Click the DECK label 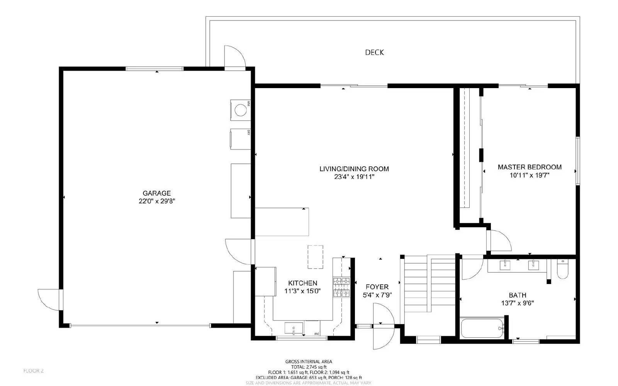[x=374, y=52]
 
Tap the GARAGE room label [x=156, y=193]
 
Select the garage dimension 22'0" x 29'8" [x=156, y=201]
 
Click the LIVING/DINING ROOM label [x=354, y=168]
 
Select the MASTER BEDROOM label [x=530, y=167]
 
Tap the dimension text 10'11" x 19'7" [x=530, y=175]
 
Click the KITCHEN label [x=302, y=283]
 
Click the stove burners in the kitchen [x=341, y=287]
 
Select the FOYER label [x=377, y=287]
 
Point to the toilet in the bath [x=562, y=270]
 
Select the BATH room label [x=517, y=295]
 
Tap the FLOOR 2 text [x=34, y=371]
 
